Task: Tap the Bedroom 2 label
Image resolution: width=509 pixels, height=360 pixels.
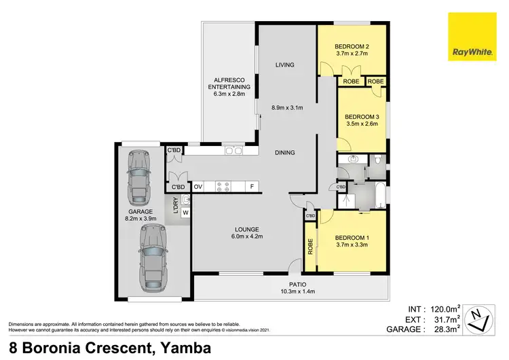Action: (351, 47)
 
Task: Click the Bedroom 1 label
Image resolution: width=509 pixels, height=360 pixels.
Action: (351, 236)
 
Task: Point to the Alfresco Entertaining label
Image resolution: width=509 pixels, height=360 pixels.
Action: (229, 83)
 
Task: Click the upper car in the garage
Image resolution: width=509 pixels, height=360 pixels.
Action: (139, 177)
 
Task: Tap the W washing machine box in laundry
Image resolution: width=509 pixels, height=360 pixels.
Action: (185, 213)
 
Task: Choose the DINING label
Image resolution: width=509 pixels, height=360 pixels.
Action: (285, 152)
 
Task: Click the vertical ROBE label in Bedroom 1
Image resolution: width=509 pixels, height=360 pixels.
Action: (310, 247)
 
